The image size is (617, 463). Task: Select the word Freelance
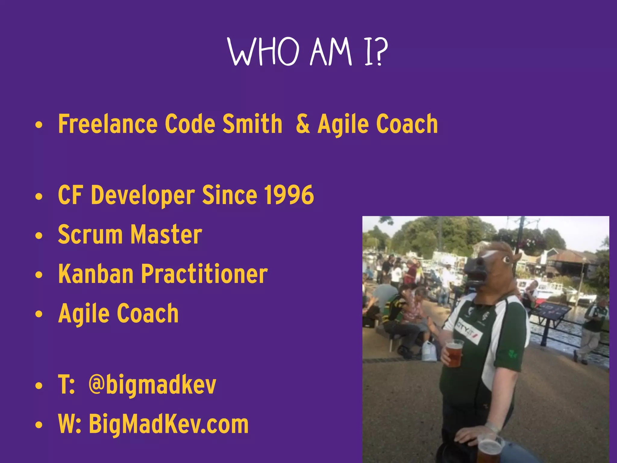[x=108, y=124]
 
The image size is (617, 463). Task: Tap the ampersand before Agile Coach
[x=302, y=124]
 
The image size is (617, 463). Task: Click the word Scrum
[x=90, y=235]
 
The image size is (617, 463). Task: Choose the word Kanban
[x=96, y=274]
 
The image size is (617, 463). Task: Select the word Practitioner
[x=204, y=274]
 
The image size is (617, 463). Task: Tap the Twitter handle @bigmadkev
[x=152, y=385]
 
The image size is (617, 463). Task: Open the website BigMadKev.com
[x=168, y=424]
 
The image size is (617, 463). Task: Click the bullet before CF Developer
[x=39, y=197]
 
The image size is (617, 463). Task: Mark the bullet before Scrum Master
[x=39, y=236]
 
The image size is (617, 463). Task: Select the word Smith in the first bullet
[x=252, y=124]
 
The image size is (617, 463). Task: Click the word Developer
[x=143, y=195]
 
